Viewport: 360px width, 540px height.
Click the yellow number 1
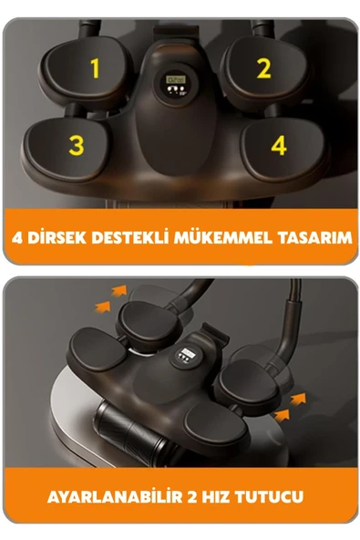tap(95, 68)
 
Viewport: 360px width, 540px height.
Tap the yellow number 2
tap(263, 68)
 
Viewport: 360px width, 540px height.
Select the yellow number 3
tap(77, 145)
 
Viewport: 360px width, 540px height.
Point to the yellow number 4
tap(279, 145)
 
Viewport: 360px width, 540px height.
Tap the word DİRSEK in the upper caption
tap(57, 238)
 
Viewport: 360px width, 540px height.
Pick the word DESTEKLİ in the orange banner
tap(130, 238)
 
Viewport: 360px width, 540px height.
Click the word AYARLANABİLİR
tap(115, 497)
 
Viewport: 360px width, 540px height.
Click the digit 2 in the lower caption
tap(192, 497)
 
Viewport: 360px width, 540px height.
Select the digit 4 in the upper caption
tap(17, 238)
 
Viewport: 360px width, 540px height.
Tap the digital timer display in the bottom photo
tap(187, 355)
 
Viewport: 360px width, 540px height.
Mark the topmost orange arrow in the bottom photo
tap(118, 291)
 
